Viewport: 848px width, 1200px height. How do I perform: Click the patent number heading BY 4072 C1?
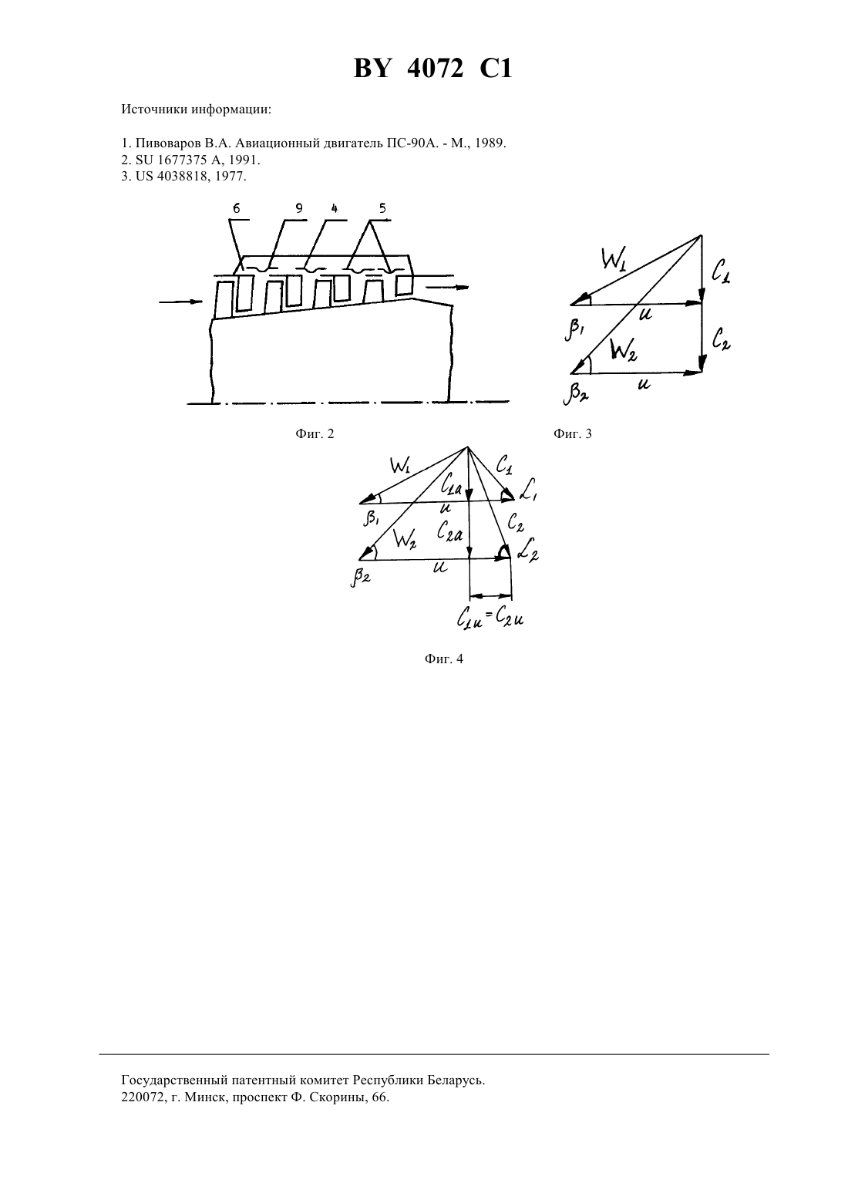point(432,69)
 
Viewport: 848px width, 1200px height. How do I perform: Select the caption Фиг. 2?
point(315,433)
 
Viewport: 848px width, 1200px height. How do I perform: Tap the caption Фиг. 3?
point(573,433)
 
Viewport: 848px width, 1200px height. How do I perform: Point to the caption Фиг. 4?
point(444,659)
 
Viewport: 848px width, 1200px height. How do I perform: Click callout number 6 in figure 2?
point(237,208)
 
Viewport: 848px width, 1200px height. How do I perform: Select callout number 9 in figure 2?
point(299,208)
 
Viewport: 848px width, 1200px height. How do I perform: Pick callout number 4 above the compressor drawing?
point(335,208)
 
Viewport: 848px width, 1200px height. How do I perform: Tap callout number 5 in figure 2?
point(382,208)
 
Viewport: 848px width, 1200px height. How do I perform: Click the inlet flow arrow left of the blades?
point(181,302)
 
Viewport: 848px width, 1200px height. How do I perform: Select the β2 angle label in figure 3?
point(576,395)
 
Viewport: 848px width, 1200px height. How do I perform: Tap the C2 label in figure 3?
point(721,339)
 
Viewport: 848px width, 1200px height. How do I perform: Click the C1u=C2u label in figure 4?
point(490,619)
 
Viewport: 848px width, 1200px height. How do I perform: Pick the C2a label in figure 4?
point(449,531)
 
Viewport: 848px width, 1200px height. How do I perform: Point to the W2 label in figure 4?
point(405,538)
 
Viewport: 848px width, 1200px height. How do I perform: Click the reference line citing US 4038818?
point(184,177)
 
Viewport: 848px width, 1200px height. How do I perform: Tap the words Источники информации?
point(197,110)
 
